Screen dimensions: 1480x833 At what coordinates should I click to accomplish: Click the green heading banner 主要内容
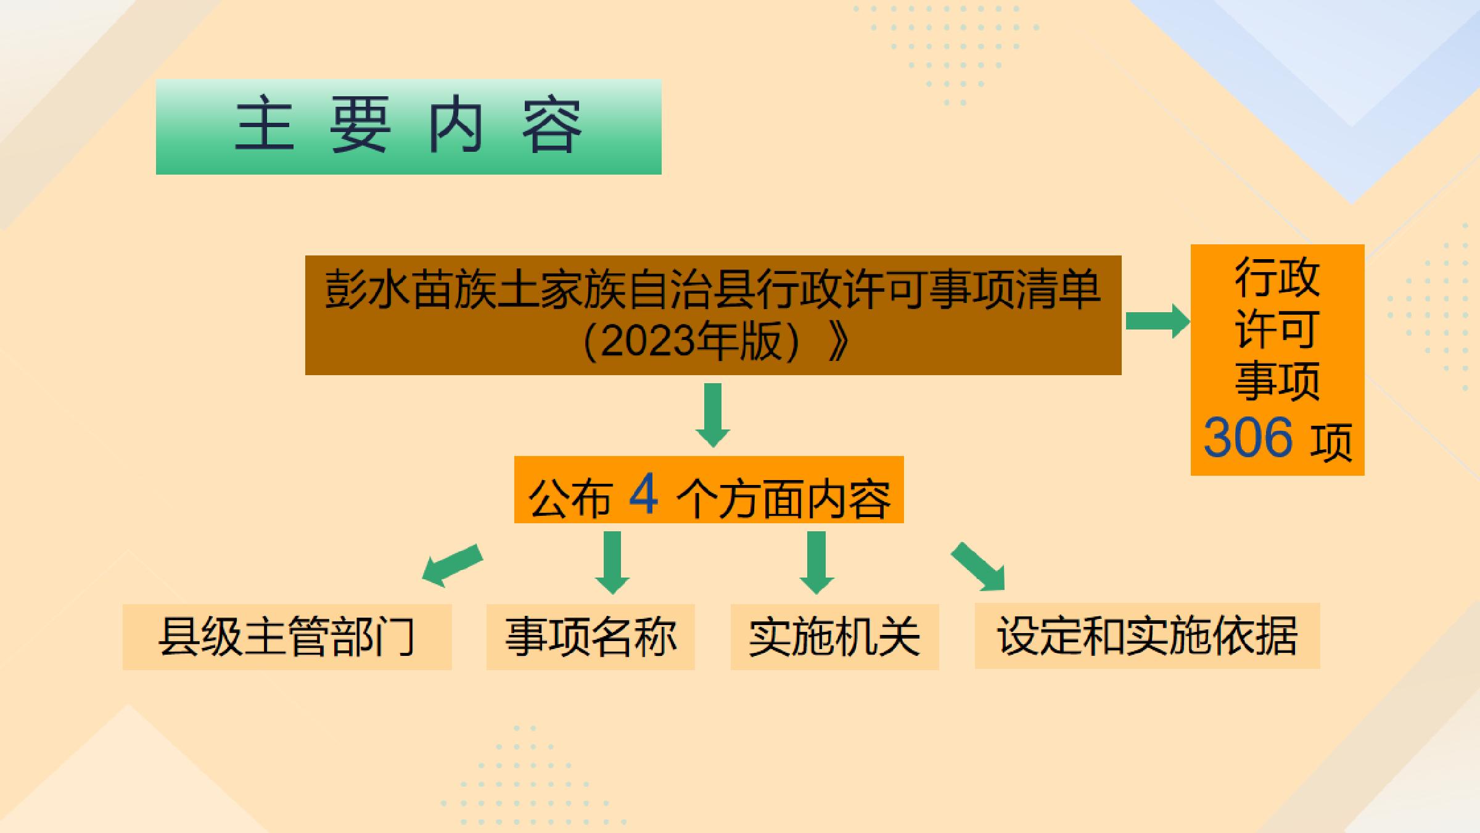[x=408, y=126]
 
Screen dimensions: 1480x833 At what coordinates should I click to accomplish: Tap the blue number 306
[x=1248, y=437]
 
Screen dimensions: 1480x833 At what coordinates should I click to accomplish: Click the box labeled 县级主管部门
[x=287, y=637]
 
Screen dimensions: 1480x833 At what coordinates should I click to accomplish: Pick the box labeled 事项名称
[x=590, y=637]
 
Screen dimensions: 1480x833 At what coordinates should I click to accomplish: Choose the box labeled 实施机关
[x=834, y=637]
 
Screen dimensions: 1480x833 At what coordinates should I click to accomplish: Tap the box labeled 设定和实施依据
[x=1147, y=636]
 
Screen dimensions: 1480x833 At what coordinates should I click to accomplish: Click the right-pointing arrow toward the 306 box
[x=1157, y=321]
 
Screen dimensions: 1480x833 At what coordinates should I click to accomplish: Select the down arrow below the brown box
[x=713, y=415]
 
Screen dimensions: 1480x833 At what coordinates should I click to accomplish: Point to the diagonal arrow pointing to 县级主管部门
[x=452, y=566]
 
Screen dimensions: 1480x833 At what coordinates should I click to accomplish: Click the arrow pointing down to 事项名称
[x=612, y=563]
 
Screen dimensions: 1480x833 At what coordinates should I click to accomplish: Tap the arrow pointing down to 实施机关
[x=816, y=563]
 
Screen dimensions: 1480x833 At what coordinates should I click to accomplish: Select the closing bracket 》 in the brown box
[x=837, y=341]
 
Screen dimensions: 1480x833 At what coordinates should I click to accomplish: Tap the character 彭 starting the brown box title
[x=345, y=289]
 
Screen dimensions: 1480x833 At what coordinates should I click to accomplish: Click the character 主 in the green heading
[x=264, y=125]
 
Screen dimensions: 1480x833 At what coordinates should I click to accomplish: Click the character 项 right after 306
[x=1331, y=441]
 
